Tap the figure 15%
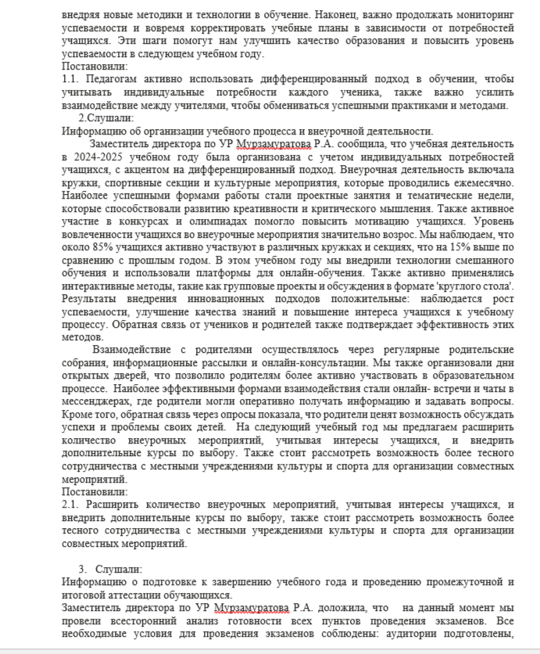[x=451, y=246]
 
